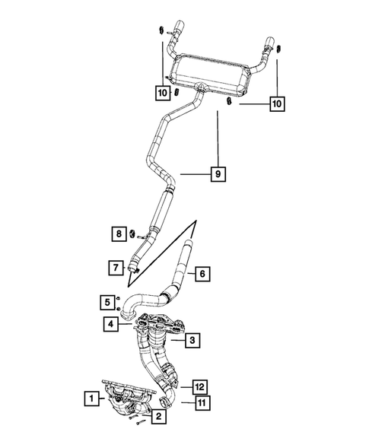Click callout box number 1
point(91,397)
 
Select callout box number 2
point(158,416)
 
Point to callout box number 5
point(109,303)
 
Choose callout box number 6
point(202,273)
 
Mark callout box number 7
point(114,267)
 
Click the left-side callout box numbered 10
point(161,93)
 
